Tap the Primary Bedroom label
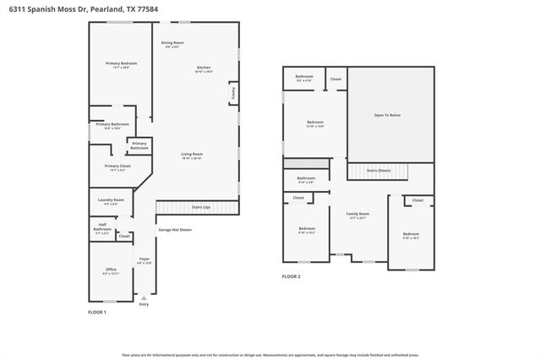(x=121, y=64)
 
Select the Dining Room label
(x=172, y=43)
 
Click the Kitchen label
(x=204, y=68)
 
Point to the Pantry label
(x=232, y=91)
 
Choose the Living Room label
(x=192, y=155)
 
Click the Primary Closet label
(x=117, y=167)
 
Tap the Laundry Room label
(x=112, y=201)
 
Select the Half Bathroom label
(x=102, y=228)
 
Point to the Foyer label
(x=145, y=260)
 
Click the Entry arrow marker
(x=144, y=298)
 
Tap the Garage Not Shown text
(x=175, y=229)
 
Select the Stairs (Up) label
(x=201, y=206)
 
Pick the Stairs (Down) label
(x=378, y=170)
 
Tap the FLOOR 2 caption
(x=291, y=276)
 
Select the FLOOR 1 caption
(x=97, y=312)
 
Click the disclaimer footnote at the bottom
(x=270, y=355)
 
